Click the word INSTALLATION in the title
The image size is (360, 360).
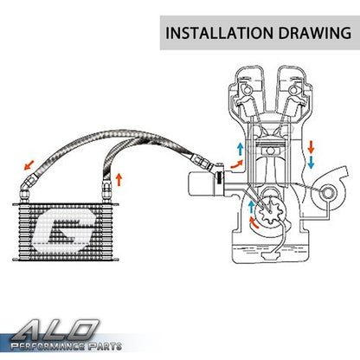click(219, 33)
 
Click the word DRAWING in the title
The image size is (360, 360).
click(315, 33)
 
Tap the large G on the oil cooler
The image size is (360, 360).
click(64, 231)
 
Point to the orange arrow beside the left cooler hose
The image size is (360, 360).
click(29, 165)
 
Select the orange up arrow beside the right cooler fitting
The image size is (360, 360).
click(119, 179)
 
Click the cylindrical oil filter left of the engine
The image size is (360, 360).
click(201, 184)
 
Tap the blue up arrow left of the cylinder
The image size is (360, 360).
click(240, 149)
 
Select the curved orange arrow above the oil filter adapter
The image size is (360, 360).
click(236, 164)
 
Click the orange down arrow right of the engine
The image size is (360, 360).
click(311, 147)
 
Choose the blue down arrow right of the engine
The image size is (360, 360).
click(311, 163)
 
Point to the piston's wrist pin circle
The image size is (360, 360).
click(270, 151)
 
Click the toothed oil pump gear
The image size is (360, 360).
click(270, 212)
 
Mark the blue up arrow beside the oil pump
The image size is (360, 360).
click(251, 207)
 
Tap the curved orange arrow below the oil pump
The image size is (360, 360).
click(254, 223)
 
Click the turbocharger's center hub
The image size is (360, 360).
click(327, 194)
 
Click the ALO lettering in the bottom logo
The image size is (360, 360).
click(55, 331)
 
